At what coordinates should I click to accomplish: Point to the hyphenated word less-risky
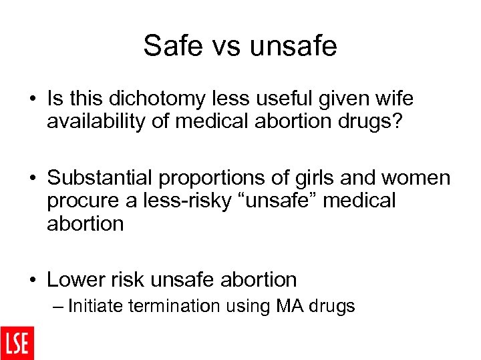point(170,201)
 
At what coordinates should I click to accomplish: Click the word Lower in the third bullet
point(74,279)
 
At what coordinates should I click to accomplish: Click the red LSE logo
point(17,343)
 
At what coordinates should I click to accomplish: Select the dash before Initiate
point(58,307)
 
